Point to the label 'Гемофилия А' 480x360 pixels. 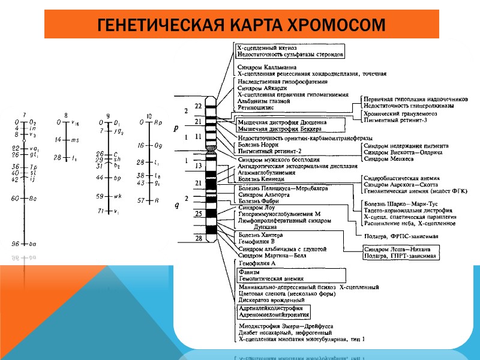click(257, 263)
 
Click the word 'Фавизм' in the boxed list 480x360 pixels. click(250, 272)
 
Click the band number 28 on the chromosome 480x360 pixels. click(198, 239)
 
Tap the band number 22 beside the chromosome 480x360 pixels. click(198, 106)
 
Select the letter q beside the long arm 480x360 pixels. click(176, 206)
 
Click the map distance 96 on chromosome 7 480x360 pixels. click(17, 244)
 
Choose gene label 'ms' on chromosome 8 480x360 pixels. click(75, 140)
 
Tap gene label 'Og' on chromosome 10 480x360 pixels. click(158, 145)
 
